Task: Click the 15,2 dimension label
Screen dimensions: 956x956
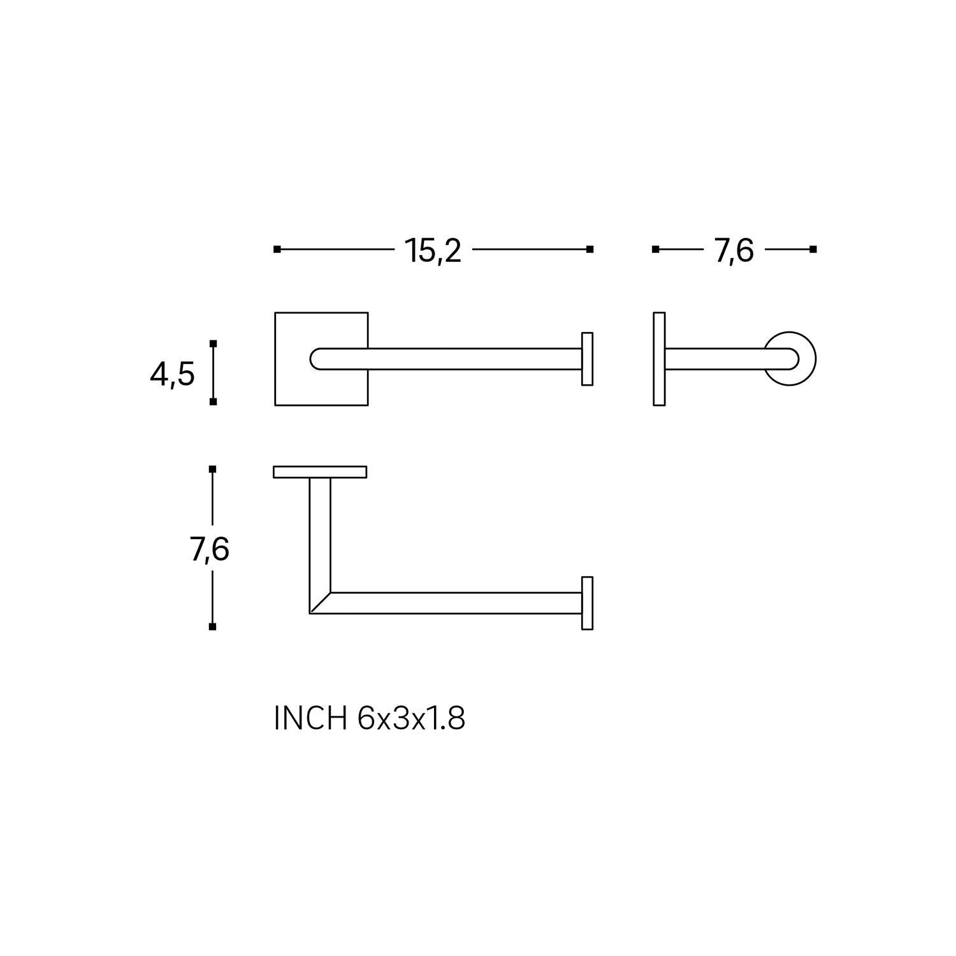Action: coord(433,250)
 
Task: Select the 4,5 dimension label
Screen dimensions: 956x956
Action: coord(172,374)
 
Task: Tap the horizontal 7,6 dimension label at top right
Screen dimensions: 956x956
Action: coord(734,250)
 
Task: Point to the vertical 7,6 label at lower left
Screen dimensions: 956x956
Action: coord(210,549)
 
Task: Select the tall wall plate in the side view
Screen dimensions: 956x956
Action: coord(659,359)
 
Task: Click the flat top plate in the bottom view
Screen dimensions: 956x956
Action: coord(320,472)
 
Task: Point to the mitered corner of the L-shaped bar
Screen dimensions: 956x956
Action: coord(320,603)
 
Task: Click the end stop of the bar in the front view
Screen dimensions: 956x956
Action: coord(587,359)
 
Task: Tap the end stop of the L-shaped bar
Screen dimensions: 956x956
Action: coord(587,603)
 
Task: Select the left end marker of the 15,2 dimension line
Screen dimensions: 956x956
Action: coord(277,249)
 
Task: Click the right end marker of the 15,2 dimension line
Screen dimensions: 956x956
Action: coord(590,249)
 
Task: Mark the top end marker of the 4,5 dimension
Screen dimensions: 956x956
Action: coord(213,344)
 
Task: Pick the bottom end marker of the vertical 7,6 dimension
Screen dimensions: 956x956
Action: coord(212,626)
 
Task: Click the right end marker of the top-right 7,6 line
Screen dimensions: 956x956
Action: coord(813,249)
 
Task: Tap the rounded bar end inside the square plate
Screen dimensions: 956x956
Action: coord(317,359)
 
